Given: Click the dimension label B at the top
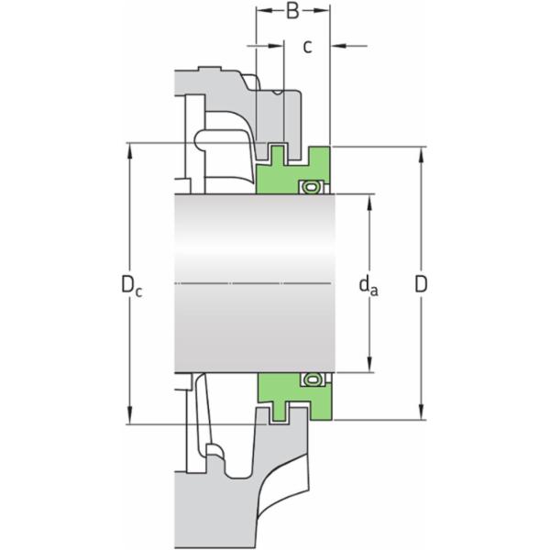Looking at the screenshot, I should (x=292, y=12).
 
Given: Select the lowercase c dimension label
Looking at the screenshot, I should (x=308, y=46).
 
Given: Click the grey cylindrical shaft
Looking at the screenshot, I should (x=257, y=247).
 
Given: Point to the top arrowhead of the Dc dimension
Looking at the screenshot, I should (x=128, y=148).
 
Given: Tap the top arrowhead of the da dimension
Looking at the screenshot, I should (x=370, y=201).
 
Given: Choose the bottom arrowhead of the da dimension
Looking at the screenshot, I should (x=370, y=367).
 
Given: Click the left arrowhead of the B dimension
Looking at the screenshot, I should (x=262, y=11).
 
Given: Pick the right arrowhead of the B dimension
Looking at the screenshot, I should (x=323, y=11).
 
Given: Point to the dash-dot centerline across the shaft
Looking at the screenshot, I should (x=257, y=282).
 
